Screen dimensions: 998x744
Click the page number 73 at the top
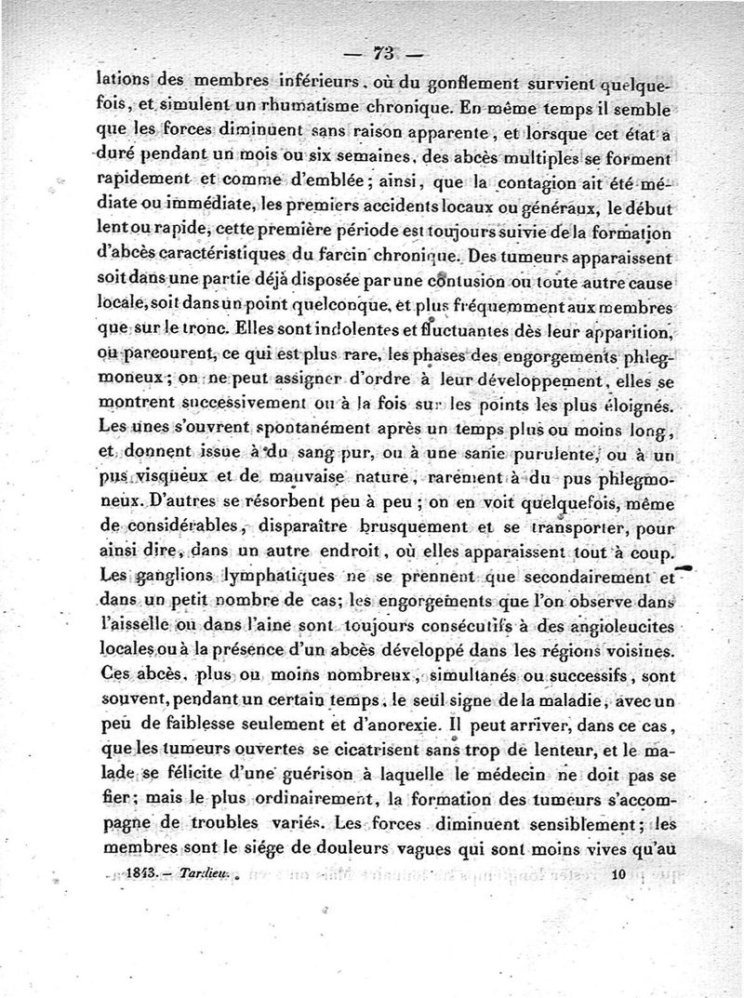pyautogui.click(x=384, y=52)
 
